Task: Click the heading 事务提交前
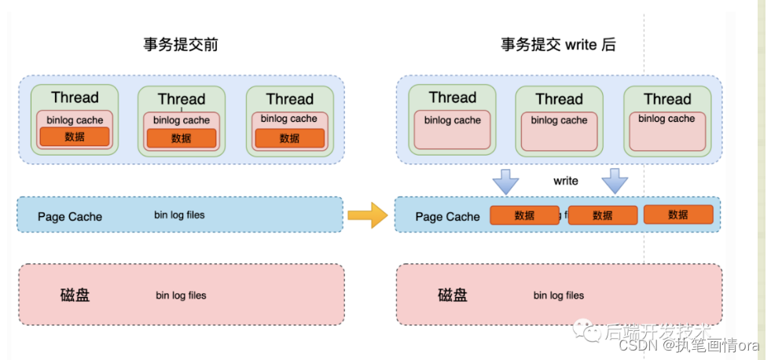(x=180, y=45)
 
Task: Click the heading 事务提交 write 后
(x=558, y=45)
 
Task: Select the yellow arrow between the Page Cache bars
(x=367, y=215)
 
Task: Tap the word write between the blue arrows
(x=566, y=181)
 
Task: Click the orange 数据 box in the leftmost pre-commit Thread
(x=75, y=137)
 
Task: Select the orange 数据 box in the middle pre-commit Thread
(x=181, y=138)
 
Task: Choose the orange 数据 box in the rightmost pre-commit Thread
(x=289, y=138)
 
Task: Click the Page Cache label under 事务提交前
(x=70, y=216)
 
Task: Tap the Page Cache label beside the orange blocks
(x=447, y=216)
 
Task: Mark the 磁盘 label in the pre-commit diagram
(x=75, y=296)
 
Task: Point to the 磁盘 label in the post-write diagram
(x=453, y=296)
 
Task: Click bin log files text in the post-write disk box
(x=559, y=296)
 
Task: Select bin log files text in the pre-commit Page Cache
(x=179, y=215)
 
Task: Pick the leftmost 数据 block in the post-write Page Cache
(x=524, y=215)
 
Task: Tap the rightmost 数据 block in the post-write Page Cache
(x=678, y=215)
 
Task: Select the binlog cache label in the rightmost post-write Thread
(x=666, y=119)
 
